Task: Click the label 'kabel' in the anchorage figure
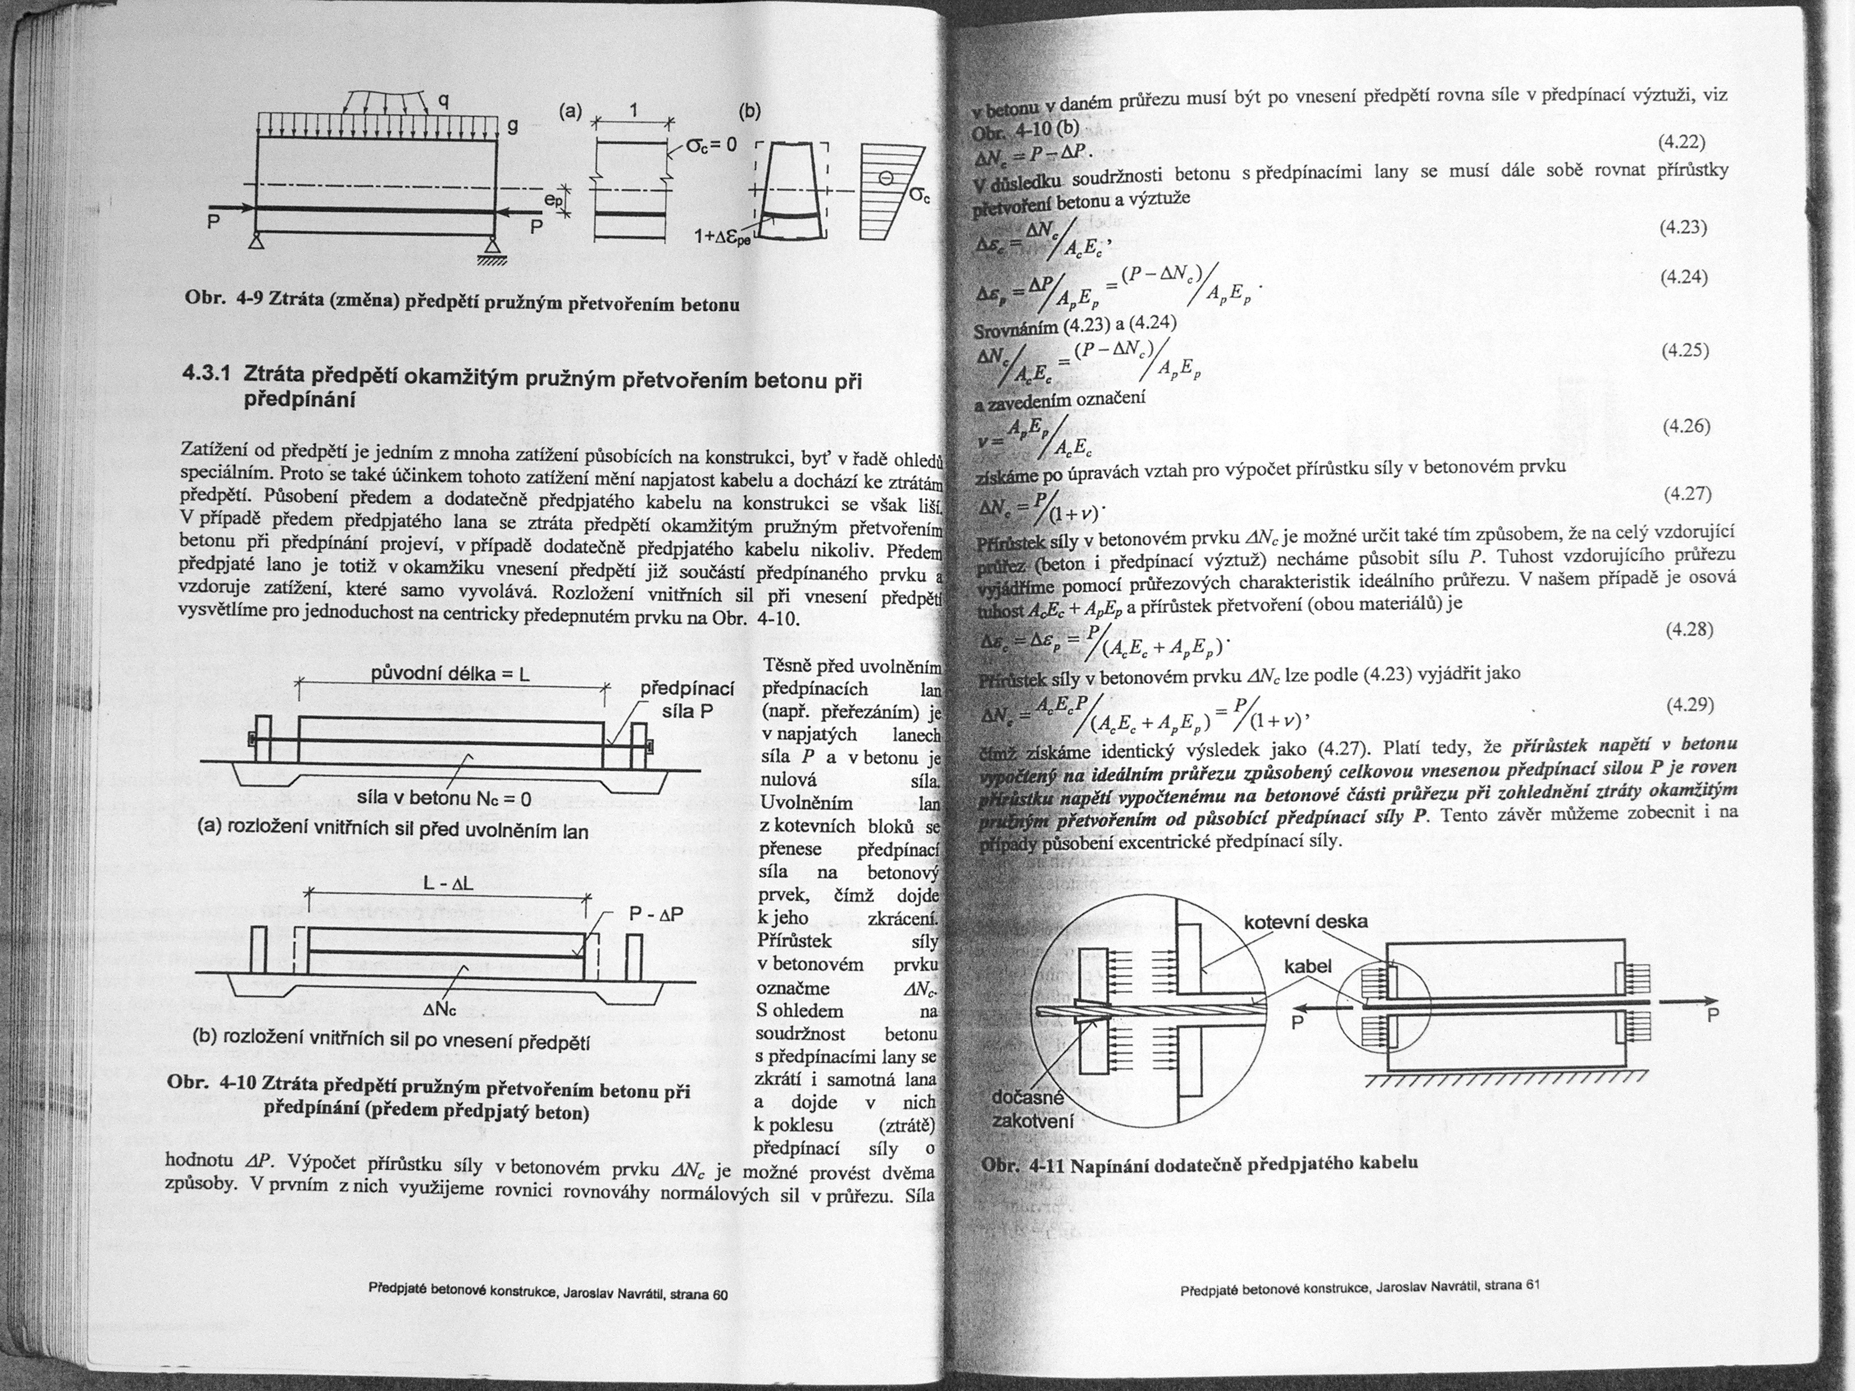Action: pos(1307,966)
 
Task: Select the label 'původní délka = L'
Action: pos(450,673)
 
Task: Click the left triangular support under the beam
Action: pos(256,244)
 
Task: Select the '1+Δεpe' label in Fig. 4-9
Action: pos(723,238)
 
